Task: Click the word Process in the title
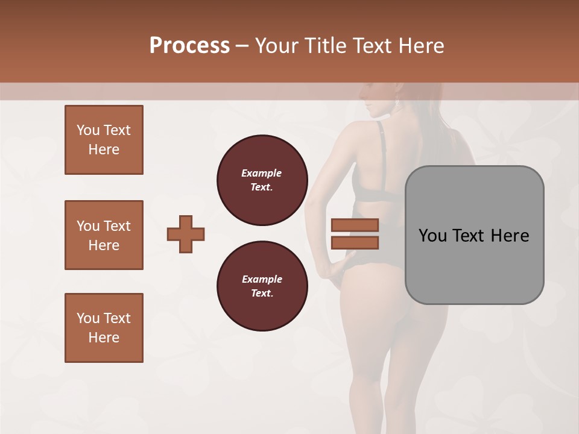pyautogui.click(x=189, y=45)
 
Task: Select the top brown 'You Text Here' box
pyautogui.click(x=104, y=140)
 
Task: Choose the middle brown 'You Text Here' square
pyautogui.click(x=104, y=235)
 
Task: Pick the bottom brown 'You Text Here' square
pyautogui.click(x=104, y=328)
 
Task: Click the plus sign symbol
pyautogui.click(x=186, y=234)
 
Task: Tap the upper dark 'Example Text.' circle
pyautogui.click(x=262, y=180)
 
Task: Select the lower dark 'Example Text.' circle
pyautogui.click(x=262, y=286)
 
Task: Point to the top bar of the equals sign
pyautogui.click(x=355, y=225)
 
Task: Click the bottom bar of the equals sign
pyautogui.click(x=355, y=242)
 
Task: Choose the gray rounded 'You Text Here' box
pyautogui.click(x=474, y=235)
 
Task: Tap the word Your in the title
pyautogui.click(x=278, y=45)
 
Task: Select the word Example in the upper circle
pyautogui.click(x=262, y=173)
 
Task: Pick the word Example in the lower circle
pyautogui.click(x=262, y=279)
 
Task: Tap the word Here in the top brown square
pyautogui.click(x=104, y=149)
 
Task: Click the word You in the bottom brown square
pyautogui.click(x=87, y=318)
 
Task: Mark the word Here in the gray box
pyautogui.click(x=510, y=236)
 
